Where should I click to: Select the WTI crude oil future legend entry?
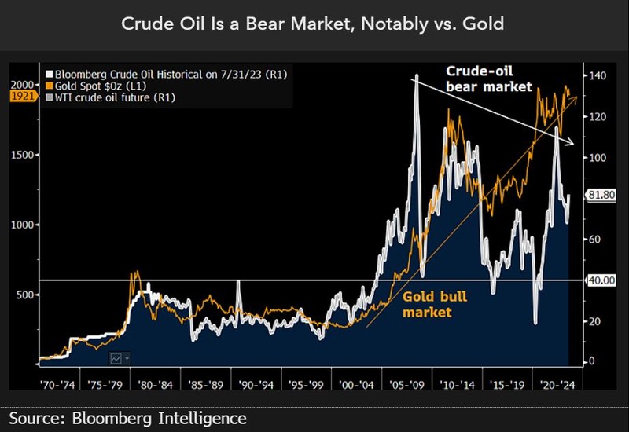click(113, 97)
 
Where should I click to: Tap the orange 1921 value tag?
click(21, 95)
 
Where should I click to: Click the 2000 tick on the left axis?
click(21, 84)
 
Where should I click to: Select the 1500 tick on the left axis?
click(21, 155)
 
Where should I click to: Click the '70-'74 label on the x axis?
click(58, 386)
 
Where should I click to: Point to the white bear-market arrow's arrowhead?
click(572, 142)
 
